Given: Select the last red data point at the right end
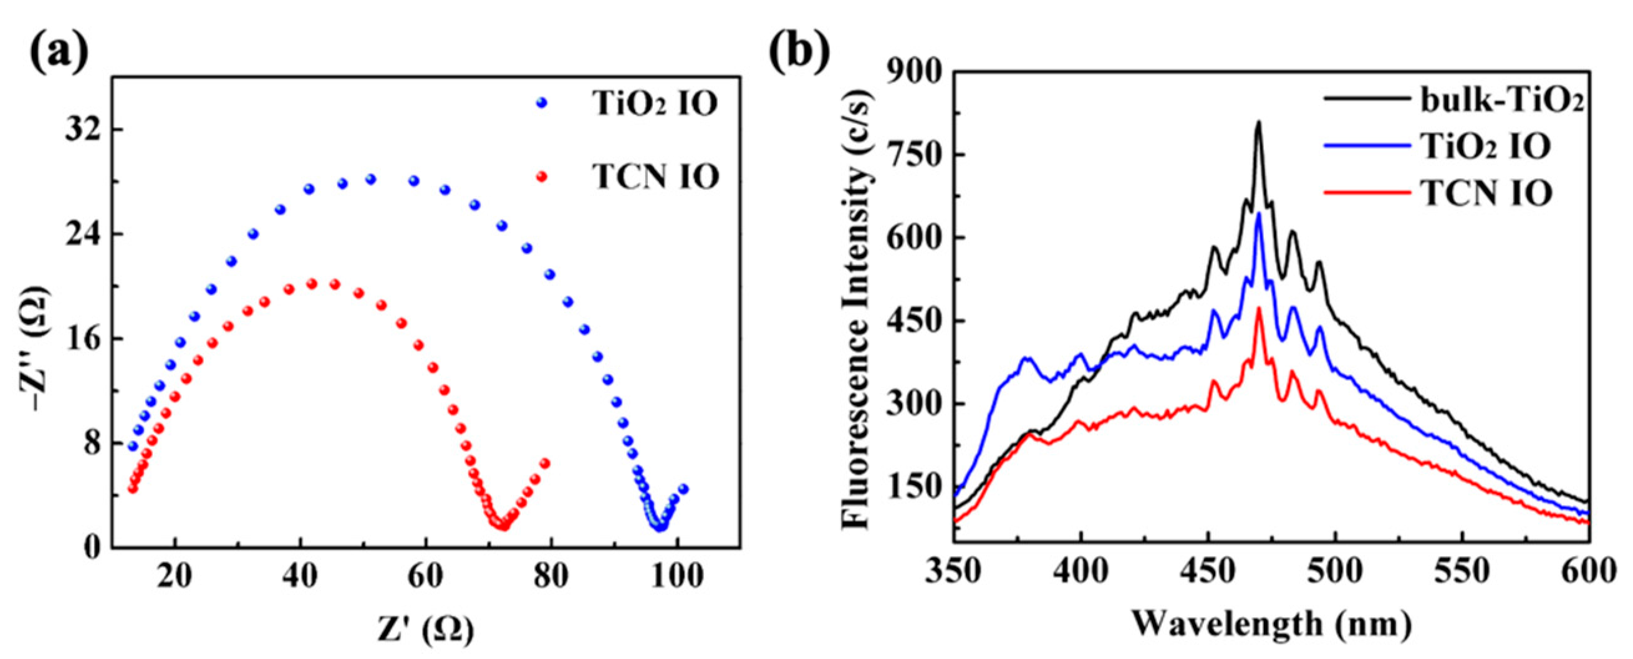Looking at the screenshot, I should coord(544,463).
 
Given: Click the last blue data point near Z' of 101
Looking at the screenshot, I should coord(683,489).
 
